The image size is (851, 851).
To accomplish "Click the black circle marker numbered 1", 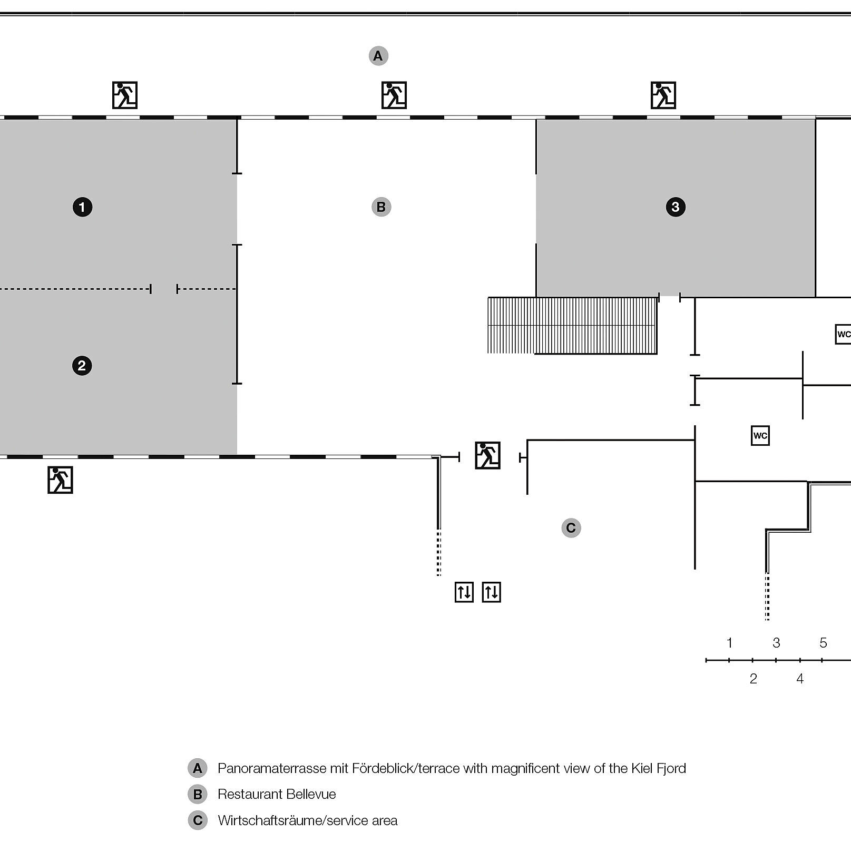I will click(x=82, y=207).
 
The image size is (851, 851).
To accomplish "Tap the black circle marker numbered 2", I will click(x=82, y=366).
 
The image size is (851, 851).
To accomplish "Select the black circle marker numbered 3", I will click(x=676, y=207).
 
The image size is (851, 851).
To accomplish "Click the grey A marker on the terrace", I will click(x=378, y=56).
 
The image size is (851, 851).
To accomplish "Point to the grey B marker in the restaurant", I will click(x=381, y=207).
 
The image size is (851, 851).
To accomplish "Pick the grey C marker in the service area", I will click(x=571, y=527).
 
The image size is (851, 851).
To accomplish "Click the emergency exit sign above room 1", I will click(x=125, y=95).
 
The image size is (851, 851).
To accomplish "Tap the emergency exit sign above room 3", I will click(x=663, y=95).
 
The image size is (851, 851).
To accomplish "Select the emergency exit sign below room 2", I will click(x=60, y=480).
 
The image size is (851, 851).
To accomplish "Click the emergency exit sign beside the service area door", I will click(x=487, y=455).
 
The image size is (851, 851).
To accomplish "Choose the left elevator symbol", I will click(x=464, y=592).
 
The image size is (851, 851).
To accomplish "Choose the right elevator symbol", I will click(x=492, y=592).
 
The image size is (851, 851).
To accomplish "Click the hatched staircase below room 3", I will click(x=572, y=325).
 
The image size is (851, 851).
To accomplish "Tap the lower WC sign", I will click(x=760, y=436).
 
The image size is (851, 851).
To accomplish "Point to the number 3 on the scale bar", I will click(x=776, y=643).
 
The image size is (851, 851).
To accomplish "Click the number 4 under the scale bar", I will click(x=800, y=679).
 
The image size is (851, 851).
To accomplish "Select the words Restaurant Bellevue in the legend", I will click(x=277, y=794).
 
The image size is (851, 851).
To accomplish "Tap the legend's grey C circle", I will click(x=198, y=820).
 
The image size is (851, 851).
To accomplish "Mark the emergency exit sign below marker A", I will click(x=394, y=95).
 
